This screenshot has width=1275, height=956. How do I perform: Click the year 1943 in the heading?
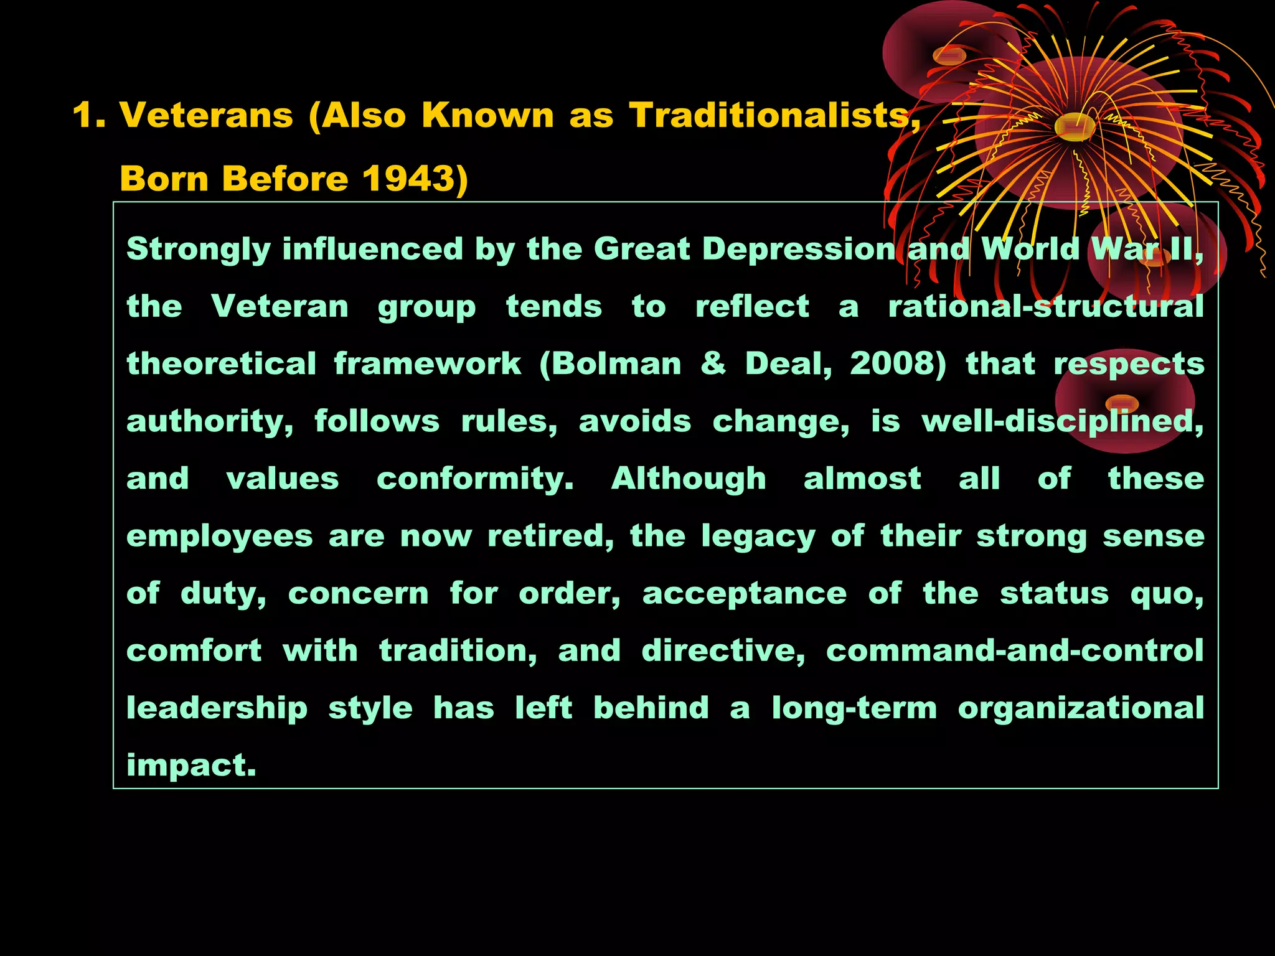point(408,179)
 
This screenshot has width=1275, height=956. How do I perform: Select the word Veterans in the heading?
point(206,115)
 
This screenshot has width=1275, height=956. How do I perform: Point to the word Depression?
point(799,249)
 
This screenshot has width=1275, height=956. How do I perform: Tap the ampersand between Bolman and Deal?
point(713,363)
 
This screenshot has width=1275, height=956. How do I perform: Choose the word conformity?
point(475,479)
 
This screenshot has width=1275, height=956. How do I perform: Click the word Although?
point(689,479)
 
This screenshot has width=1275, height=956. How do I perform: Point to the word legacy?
point(758,537)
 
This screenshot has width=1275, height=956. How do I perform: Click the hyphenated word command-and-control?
point(1015,651)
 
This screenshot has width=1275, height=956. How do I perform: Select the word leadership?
point(217,709)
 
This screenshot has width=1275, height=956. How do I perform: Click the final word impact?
point(191,766)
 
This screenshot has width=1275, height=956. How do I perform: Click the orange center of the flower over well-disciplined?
point(1122,403)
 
